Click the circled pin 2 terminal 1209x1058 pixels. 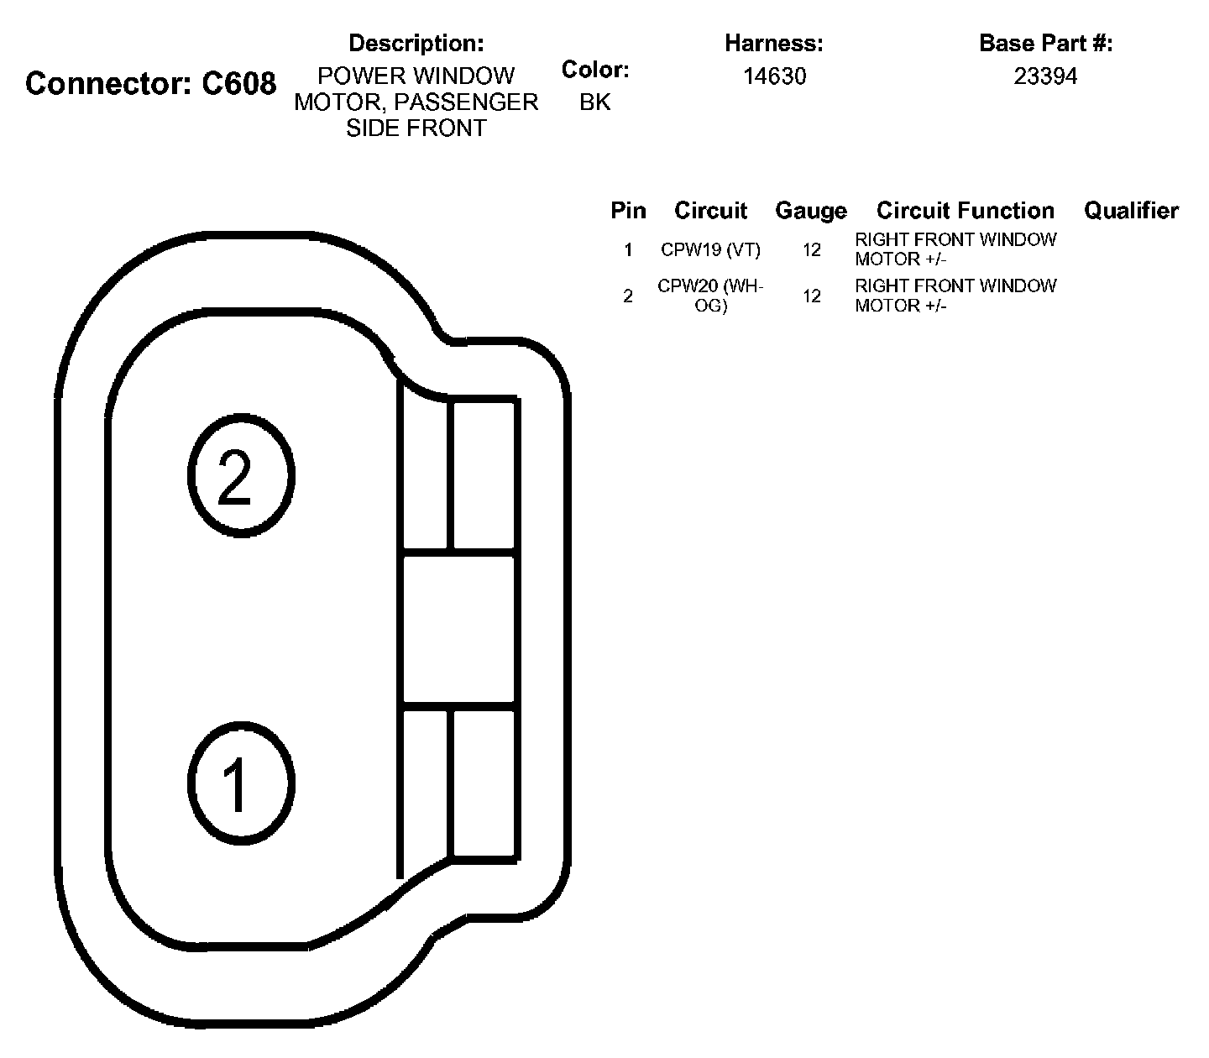(240, 475)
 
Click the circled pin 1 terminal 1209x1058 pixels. (240, 783)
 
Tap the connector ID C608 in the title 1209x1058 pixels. (239, 84)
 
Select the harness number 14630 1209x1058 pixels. (774, 76)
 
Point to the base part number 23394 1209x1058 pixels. (1045, 76)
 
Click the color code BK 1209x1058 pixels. (594, 102)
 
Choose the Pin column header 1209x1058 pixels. (628, 211)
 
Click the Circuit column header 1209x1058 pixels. (710, 211)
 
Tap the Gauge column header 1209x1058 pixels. (810, 211)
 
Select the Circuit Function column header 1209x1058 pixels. (965, 211)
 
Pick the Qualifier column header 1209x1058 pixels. (1131, 211)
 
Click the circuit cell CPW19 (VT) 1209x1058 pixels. (710, 250)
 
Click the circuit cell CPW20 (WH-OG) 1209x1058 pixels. (710, 296)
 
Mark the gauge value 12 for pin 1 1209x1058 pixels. (811, 250)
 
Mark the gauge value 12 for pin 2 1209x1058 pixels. (811, 296)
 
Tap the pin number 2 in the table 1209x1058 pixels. (628, 296)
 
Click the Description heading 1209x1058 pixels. (416, 43)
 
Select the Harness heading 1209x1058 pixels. (773, 43)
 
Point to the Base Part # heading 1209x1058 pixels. (1045, 43)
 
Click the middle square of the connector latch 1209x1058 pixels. (459, 629)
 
